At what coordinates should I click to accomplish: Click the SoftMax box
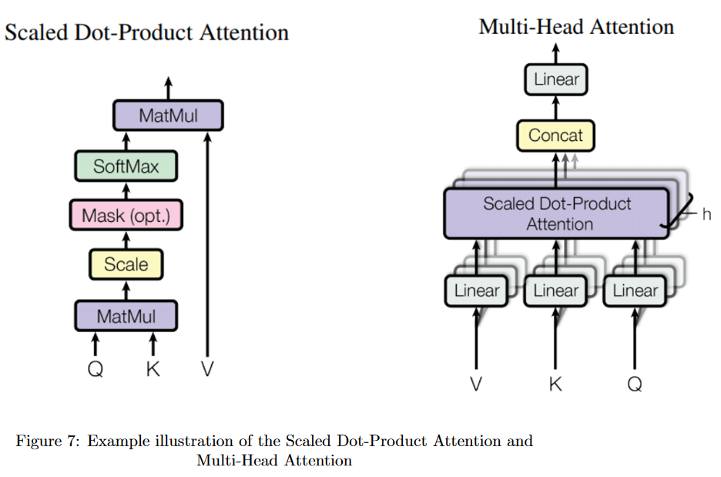126,166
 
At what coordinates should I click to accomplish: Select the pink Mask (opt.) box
126,216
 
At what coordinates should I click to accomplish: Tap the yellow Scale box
126,265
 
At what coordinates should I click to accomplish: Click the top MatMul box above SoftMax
168,116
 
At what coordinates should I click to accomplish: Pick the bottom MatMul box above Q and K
126,316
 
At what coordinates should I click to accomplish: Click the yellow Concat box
555,136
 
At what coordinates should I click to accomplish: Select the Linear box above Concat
555,79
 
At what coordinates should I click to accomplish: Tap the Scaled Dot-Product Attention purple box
556,213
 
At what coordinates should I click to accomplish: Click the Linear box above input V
477,291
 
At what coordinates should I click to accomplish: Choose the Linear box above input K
555,291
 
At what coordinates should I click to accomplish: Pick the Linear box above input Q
635,291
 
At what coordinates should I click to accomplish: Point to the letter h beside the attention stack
706,213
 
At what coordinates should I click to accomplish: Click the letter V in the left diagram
207,369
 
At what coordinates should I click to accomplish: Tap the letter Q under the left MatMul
95,369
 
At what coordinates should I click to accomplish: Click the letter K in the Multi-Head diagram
555,383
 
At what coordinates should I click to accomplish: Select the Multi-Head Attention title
576,27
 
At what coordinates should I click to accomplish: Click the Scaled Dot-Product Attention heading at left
146,33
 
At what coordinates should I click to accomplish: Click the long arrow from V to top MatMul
207,247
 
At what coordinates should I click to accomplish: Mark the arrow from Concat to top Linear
555,107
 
